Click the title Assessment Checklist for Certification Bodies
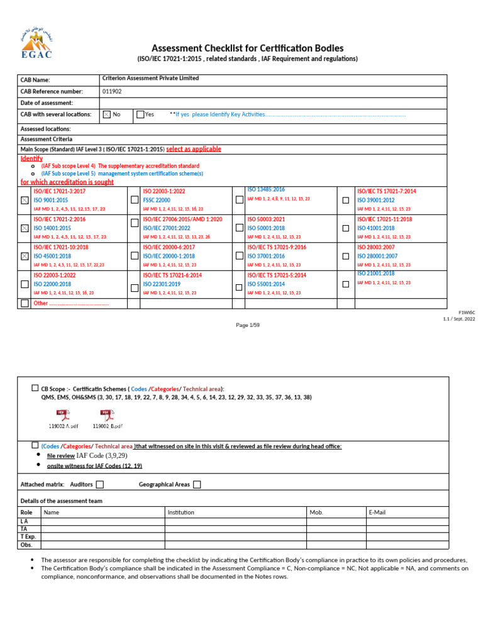pos(248,48)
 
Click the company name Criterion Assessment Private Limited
pos(150,79)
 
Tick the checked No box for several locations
pos(106,114)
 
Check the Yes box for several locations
pos(140,114)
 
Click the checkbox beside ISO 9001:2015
pos(25,200)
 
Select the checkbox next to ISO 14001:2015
pos(25,228)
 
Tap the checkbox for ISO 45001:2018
pos(25,256)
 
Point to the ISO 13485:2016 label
pos(266,189)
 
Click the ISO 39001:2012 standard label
pos(376,200)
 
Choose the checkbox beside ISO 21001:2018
pos(345,284)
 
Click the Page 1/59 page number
pos(247,325)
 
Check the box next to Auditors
pos(100,484)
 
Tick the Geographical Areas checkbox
pos(197,484)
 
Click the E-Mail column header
pos(377,513)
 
